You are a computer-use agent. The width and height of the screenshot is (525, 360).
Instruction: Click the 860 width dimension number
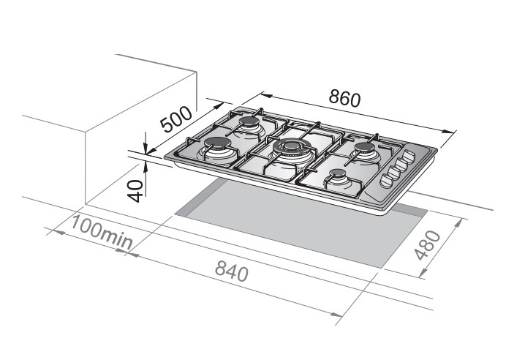click(x=344, y=98)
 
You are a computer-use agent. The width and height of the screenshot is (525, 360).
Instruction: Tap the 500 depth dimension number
click(x=176, y=120)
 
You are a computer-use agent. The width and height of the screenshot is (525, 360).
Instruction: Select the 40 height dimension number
click(x=136, y=191)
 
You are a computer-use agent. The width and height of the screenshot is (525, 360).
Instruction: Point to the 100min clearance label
click(x=102, y=232)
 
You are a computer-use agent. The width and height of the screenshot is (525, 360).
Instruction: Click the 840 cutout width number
click(x=231, y=271)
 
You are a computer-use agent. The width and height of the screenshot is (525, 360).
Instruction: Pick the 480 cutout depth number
click(x=428, y=244)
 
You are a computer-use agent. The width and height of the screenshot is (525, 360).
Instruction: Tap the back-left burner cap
click(x=249, y=122)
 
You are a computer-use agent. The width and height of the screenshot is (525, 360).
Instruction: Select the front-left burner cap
click(x=216, y=144)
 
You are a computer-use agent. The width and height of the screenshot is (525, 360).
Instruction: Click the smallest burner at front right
click(x=337, y=174)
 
